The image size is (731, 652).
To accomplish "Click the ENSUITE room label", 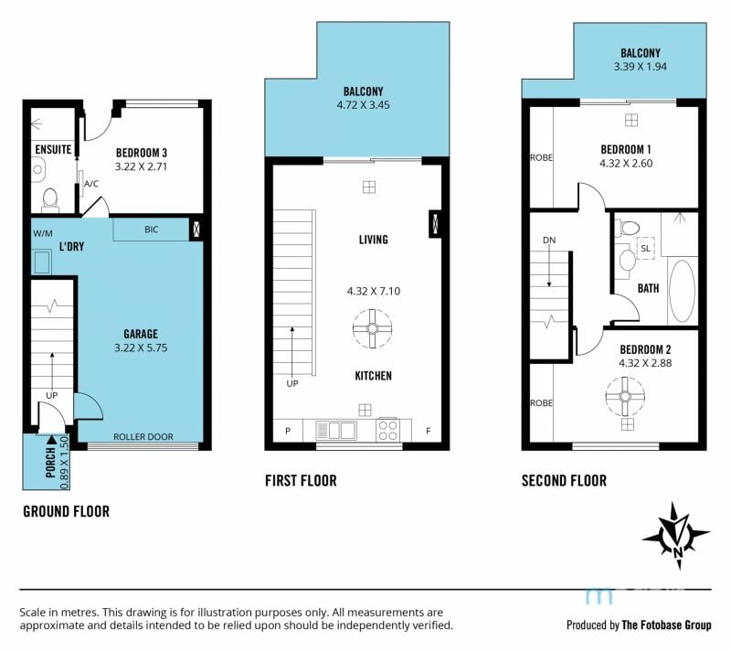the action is click(x=53, y=149).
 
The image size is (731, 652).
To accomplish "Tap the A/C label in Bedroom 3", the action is click(x=91, y=184).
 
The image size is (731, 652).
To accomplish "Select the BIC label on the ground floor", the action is click(x=151, y=230).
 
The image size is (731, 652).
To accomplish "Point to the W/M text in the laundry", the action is click(x=42, y=233).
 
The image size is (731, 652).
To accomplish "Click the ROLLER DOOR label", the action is click(x=143, y=437).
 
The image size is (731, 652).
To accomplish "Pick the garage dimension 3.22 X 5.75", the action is click(x=141, y=347).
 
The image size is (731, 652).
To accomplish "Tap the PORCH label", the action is click(x=51, y=462).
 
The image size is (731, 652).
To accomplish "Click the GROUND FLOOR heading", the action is click(x=66, y=511).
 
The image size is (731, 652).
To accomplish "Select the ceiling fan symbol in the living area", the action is click(x=372, y=328).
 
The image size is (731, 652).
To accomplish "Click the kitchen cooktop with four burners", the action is click(x=387, y=430).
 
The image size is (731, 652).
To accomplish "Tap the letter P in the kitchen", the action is click(x=288, y=431).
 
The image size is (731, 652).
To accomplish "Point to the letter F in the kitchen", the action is click(x=428, y=431).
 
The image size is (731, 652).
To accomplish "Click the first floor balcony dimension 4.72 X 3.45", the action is click(x=363, y=105).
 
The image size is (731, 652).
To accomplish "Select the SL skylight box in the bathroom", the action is click(x=646, y=248).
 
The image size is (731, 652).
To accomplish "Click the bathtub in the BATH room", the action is click(x=682, y=291).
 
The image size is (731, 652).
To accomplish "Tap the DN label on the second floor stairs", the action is click(x=549, y=240).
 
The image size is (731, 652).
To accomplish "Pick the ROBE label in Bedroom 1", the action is click(x=541, y=158).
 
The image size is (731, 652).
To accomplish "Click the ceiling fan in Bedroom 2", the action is click(x=625, y=396).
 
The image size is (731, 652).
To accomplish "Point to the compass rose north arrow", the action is click(x=676, y=536).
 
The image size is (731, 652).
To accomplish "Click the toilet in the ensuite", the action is click(x=50, y=198).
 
